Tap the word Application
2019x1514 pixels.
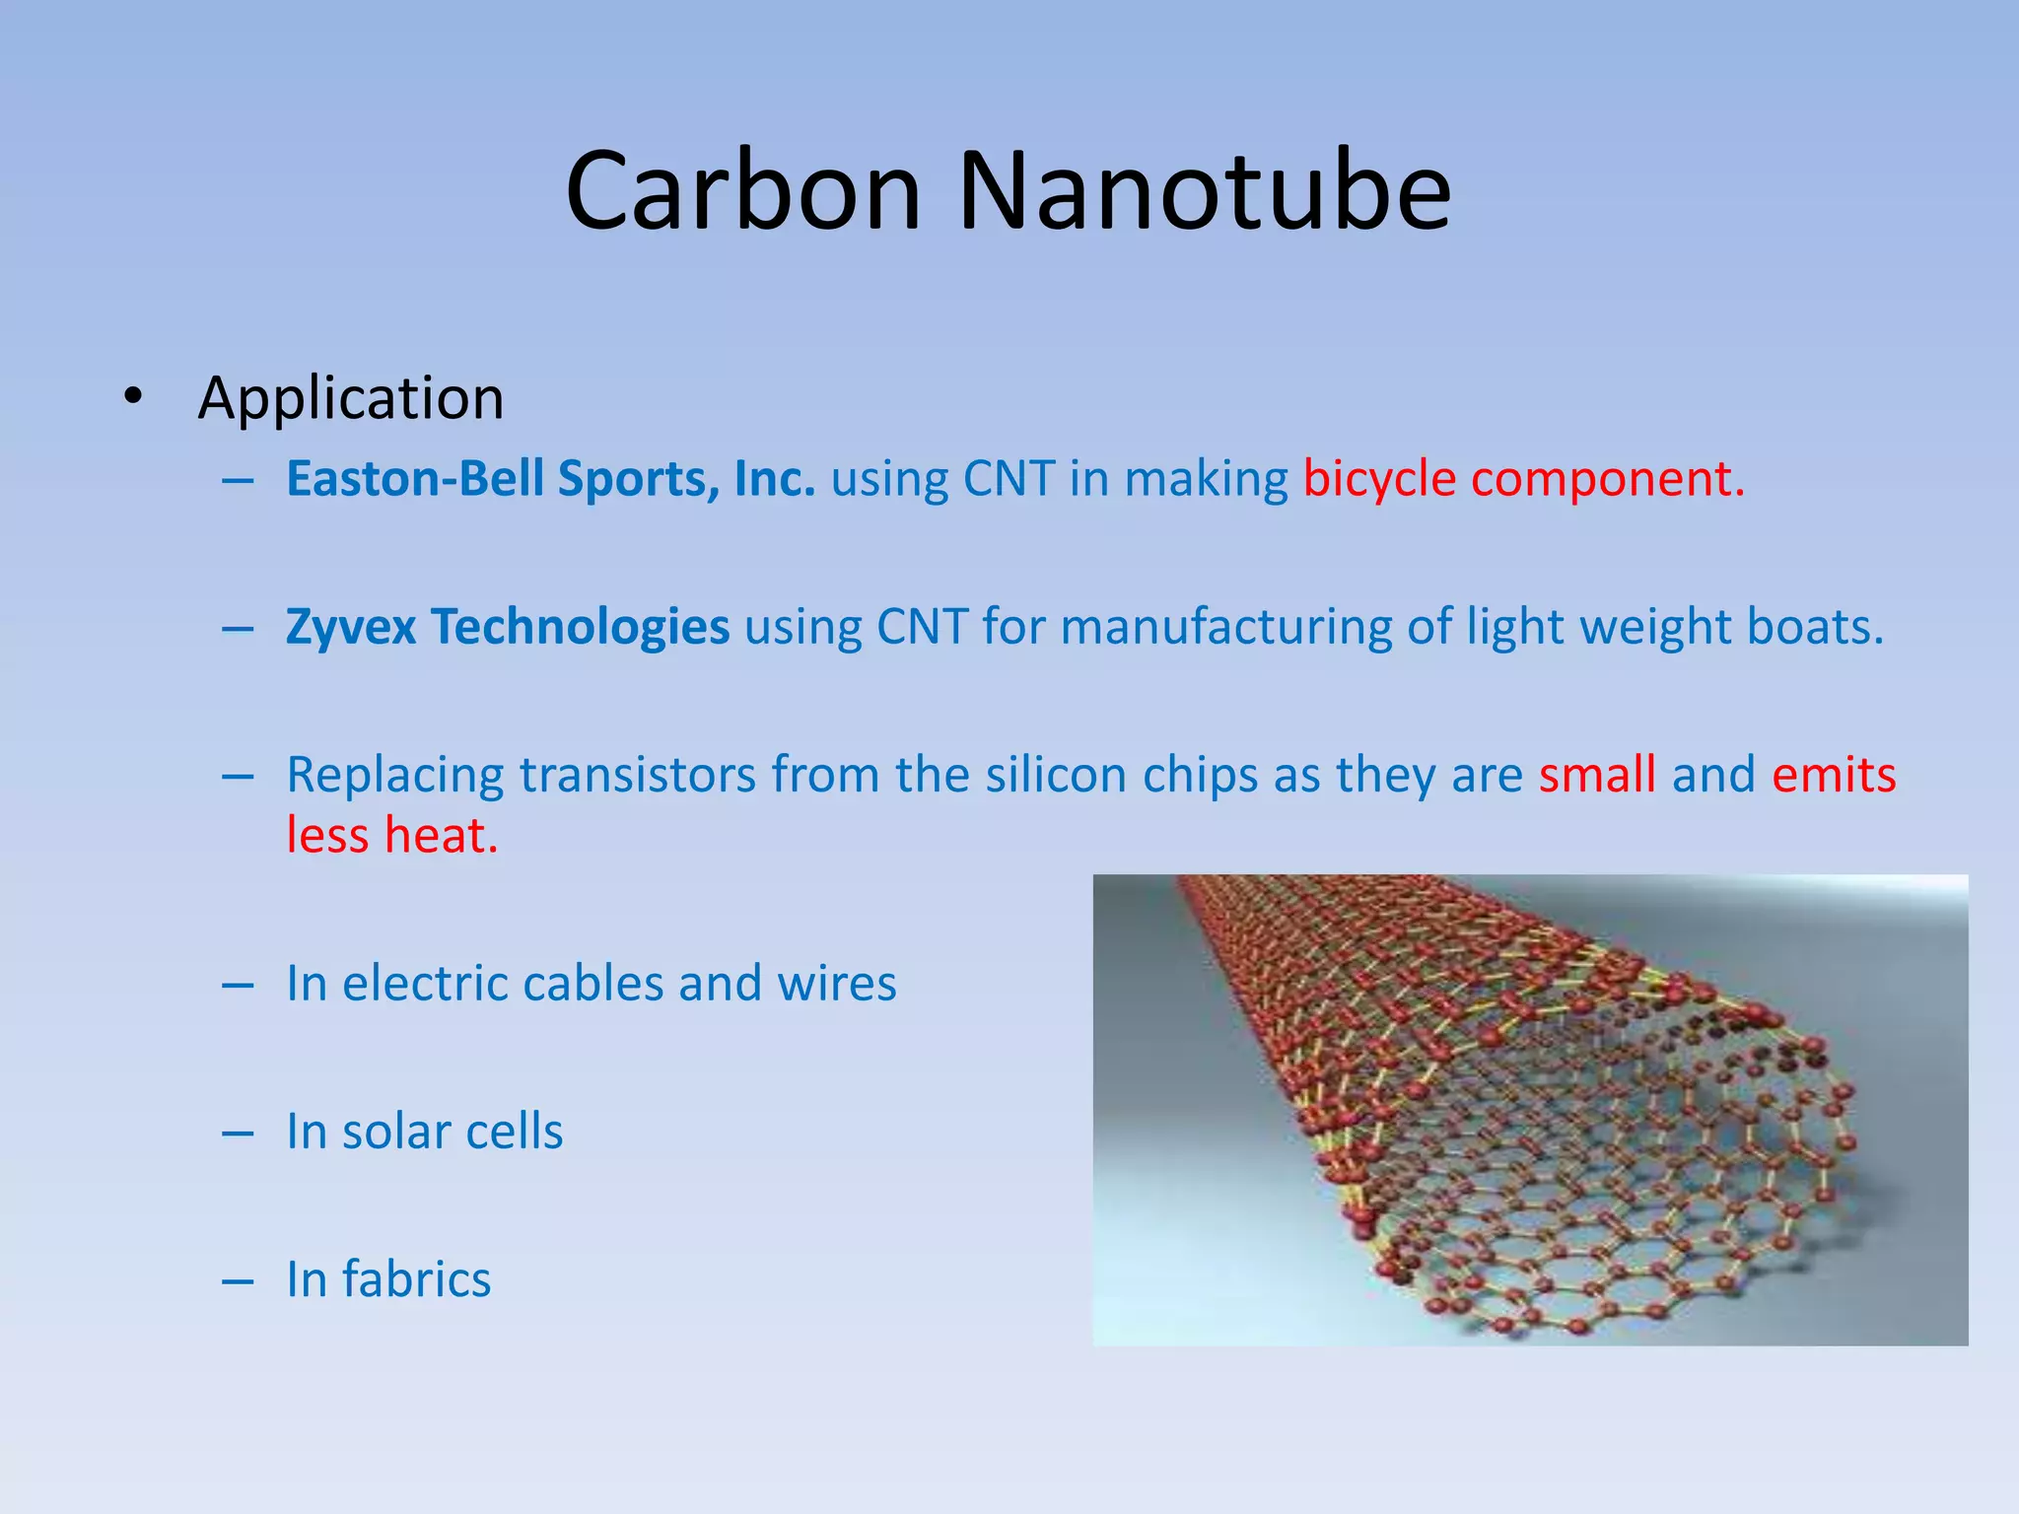[351, 398]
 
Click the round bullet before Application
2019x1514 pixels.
[133, 397]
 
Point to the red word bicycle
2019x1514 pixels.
[1378, 480]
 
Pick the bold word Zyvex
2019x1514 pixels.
[351, 628]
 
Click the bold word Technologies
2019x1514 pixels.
[580, 628]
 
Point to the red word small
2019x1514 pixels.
[1596, 775]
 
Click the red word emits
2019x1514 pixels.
[1833, 775]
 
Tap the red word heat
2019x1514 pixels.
[441, 836]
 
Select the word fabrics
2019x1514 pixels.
[416, 1279]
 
